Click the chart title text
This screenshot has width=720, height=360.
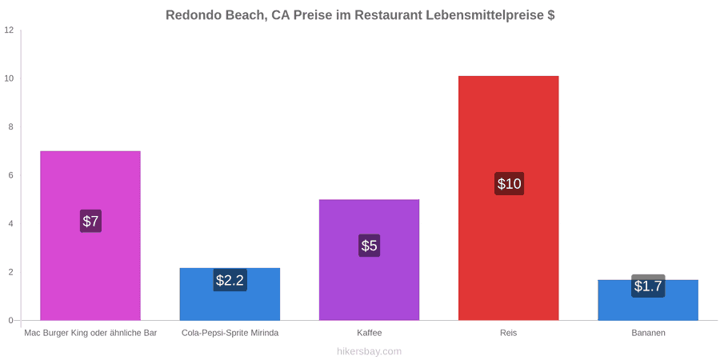(x=360, y=15)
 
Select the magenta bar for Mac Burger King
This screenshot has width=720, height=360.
(x=90, y=235)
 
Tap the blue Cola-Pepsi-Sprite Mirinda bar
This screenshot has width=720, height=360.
(x=230, y=294)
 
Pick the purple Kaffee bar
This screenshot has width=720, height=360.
(x=369, y=260)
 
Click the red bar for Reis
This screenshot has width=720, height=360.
(x=508, y=198)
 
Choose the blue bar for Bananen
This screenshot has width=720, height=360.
(x=648, y=300)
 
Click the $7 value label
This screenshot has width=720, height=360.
(x=90, y=221)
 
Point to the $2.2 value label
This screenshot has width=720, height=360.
(x=230, y=280)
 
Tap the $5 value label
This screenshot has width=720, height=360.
(x=369, y=246)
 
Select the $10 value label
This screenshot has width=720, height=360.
(x=509, y=184)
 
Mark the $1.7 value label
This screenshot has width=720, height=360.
(x=648, y=286)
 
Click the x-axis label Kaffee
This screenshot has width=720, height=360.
(x=369, y=333)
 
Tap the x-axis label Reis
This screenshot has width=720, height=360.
(x=508, y=333)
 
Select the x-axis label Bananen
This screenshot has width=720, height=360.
(x=648, y=333)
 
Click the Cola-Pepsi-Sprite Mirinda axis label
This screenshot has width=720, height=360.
(x=230, y=333)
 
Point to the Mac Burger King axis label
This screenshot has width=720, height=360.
(x=90, y=333)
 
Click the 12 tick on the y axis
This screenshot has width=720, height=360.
(x=10, y=30)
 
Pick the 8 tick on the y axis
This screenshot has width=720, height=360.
(x=12, y=127)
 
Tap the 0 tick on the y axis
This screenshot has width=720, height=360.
(x=12, y=321)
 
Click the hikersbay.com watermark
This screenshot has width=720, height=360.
(x=369, y=351)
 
